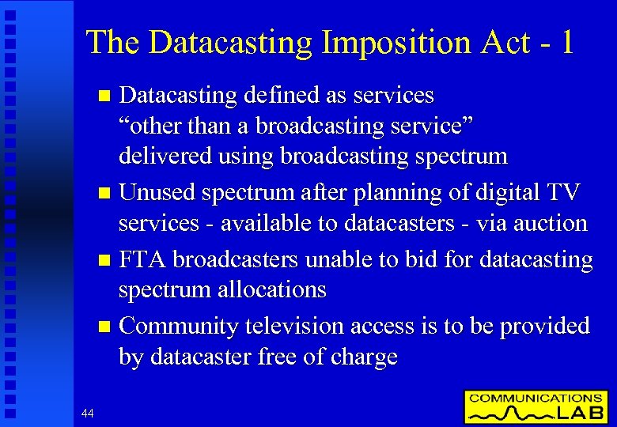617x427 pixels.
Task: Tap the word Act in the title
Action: (502, 43)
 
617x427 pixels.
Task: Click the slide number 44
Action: (88, 412)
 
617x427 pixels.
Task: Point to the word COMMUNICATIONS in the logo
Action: (536, 398)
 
